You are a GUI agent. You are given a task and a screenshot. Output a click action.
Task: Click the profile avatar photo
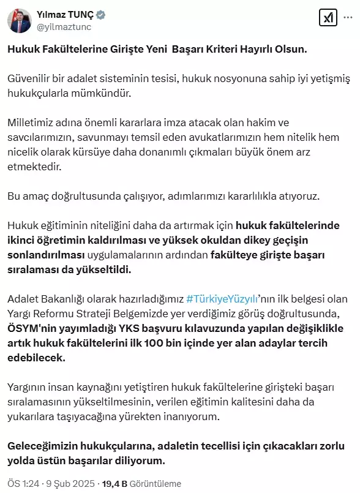coord(20,20)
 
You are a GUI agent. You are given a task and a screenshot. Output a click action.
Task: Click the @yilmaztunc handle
coord(65,26)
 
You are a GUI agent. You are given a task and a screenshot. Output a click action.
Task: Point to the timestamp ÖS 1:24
coord(22,483)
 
